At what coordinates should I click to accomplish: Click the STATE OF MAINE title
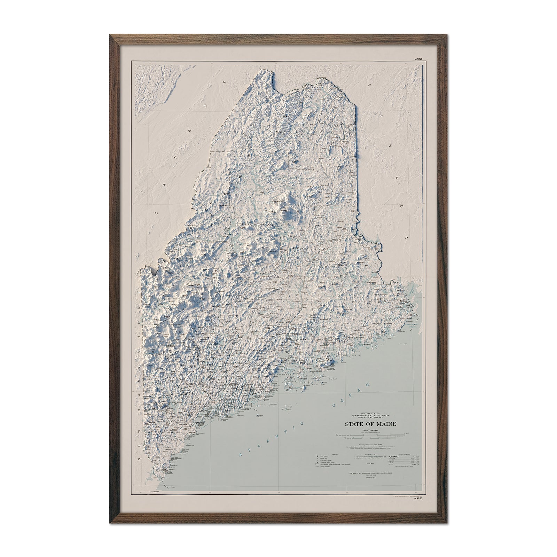(x=370, y=424)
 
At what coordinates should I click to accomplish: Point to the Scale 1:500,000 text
(x=370, y=431)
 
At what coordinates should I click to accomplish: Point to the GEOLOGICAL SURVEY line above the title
(x=370, y=418)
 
